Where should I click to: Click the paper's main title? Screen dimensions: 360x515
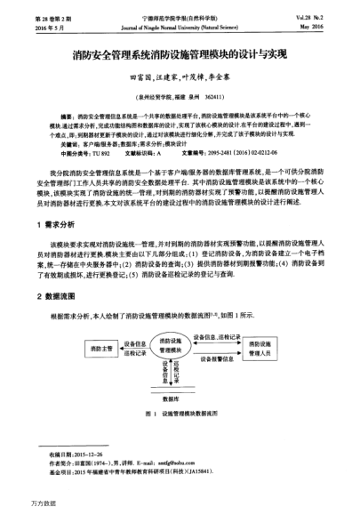point(180,54)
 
